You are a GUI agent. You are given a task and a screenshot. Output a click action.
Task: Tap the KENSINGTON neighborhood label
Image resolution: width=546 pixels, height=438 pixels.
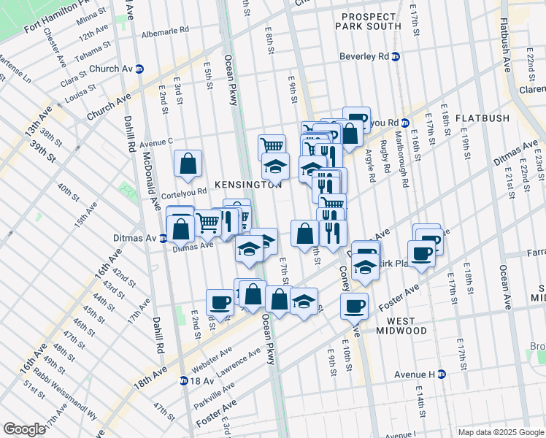click(x=247, y=185)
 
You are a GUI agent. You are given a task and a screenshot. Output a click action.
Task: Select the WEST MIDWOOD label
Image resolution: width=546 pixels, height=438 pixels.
click(x=407, y=326)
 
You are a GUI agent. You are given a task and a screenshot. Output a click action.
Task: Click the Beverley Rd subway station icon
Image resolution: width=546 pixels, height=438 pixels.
click(x=396, y=56)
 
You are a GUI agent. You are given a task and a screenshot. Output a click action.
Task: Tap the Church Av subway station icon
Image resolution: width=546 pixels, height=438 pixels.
click(x=139, y=69)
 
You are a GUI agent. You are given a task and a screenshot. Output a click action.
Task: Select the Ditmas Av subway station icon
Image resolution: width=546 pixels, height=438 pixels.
click(x=164, y=238)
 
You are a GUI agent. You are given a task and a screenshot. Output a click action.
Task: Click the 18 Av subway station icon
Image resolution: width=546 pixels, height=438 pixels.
click(x=184, y=380)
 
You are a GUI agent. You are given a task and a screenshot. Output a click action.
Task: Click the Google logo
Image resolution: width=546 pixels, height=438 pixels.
click(x=25, y=429)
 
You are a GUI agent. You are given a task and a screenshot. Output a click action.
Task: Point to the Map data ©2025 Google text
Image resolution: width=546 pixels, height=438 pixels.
click(x=500, y=432)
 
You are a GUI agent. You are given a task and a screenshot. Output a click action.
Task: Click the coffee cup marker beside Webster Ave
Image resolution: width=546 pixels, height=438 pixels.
click(x=220, y=301)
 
